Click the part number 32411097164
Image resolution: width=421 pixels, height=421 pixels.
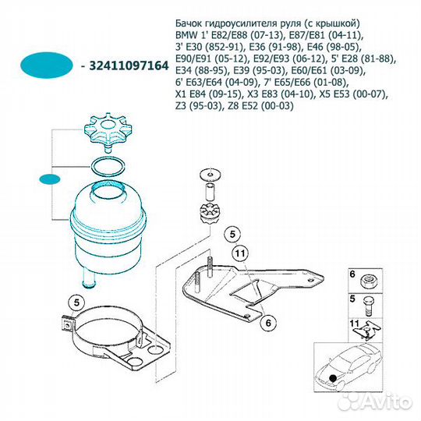(129, 65)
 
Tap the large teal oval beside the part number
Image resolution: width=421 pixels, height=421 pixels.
(47, 65)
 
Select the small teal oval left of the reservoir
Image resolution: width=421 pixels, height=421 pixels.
(49, 179)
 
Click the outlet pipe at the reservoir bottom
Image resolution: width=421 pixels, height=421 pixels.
(90, 278)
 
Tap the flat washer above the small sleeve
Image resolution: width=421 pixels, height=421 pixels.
(210, 175)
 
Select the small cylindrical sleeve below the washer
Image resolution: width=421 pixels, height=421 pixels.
(210, 191)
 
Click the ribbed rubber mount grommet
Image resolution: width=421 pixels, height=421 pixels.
(210, 214)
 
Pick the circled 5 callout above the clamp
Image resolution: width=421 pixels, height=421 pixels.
(76, 302)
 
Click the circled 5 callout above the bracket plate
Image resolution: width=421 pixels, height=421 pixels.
(232, 234)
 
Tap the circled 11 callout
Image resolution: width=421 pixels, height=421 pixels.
(240, 253)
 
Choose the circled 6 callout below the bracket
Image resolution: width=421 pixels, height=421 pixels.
(268, 323)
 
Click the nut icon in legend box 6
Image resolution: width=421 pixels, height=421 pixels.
(369, 281)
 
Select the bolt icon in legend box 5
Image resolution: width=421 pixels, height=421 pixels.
(368, 306)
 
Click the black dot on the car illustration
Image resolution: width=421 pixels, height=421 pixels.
(333, 378)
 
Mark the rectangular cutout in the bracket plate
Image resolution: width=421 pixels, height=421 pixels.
(246, 292)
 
